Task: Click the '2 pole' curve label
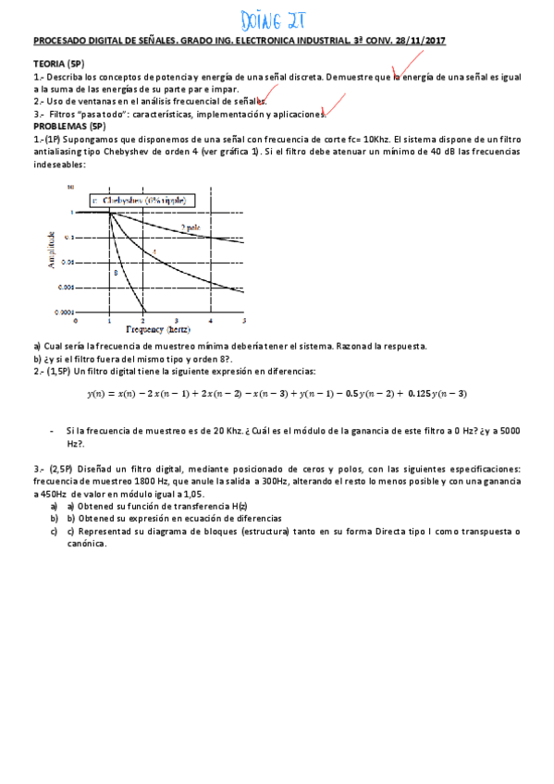191,227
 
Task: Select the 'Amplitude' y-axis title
52,250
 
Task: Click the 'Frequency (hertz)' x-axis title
160,328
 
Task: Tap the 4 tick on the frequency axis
210,320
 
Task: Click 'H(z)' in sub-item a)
240,507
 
